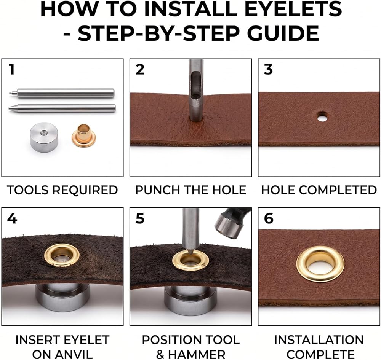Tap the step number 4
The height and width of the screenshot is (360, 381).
pyautogui.click(x=12, y=218)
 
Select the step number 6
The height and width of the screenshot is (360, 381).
pyautogui.click(x=269, y=218)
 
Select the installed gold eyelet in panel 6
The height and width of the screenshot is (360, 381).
pyautogui.click(x=320, y=264)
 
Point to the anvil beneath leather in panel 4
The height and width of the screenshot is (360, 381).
pyautogui.click(x=63, y=297)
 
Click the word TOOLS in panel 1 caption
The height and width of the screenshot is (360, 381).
pyautogui.click(x=28, y=190)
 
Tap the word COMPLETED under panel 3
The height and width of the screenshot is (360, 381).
pyautogui.click(x=338, y=190)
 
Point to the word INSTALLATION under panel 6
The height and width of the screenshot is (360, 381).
pyautogui.click(x=319, y=340)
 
